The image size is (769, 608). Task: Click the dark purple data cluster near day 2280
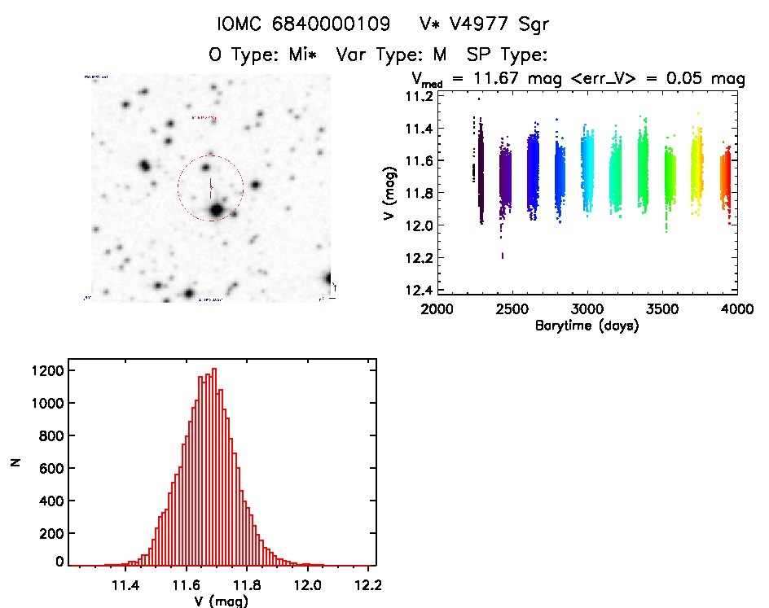point(480,171)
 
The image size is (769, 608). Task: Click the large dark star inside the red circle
point(215,211)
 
